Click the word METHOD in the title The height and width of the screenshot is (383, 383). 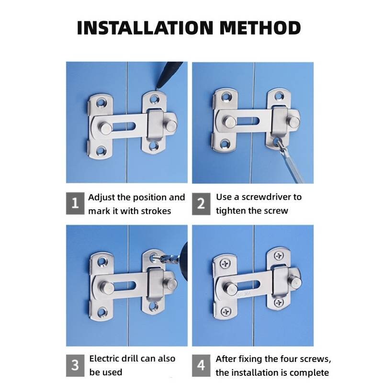click(260, 28)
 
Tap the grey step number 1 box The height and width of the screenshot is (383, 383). click(75, 203)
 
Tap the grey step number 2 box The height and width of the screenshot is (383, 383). click(201, 204)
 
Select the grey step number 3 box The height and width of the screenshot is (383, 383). click(75, 365)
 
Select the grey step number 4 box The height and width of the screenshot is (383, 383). click(201, 365)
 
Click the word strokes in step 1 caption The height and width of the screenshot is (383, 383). click(156, 211)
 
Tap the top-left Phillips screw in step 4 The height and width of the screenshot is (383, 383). click(225, 264)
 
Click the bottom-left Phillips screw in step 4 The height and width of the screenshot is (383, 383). click(226, 311)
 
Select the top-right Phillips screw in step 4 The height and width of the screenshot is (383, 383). click(279, 256)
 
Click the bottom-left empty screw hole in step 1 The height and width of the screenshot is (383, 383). click(101, 150)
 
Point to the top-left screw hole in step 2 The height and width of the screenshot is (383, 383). click(226, 97)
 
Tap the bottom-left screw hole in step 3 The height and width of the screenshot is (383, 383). click(102, 312)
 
